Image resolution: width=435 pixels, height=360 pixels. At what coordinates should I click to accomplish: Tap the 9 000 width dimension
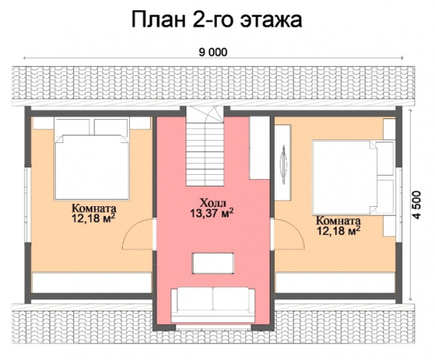(x=217, y=51)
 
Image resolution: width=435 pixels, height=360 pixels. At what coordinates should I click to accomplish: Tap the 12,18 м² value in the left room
(x=94, y=216)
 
